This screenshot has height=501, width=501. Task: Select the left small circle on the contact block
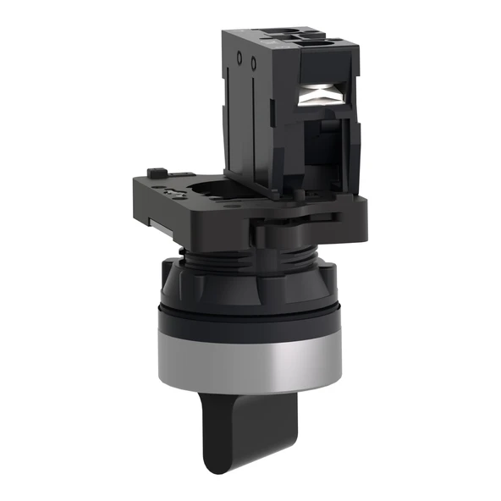click(x=239, y=60)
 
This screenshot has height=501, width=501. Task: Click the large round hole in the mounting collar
click(x=203, y=190)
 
